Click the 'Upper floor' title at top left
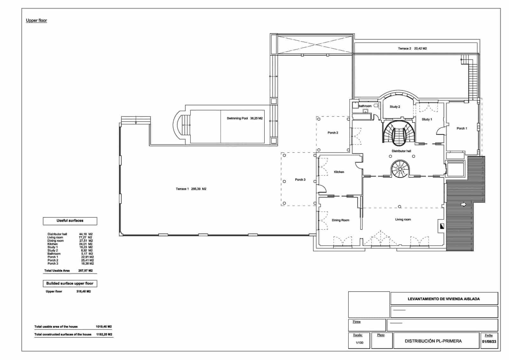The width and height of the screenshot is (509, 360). [36, 20]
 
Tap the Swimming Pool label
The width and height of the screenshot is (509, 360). [237, 118]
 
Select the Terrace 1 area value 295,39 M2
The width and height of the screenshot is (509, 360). [199, 189]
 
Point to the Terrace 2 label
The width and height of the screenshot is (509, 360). [404, 49]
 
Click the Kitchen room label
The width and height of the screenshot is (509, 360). [339, 172]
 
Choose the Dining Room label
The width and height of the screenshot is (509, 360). [340, 220]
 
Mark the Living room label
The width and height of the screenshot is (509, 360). [403, 220]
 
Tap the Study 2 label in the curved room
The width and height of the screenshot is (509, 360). [395, 107]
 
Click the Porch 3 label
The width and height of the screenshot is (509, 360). [300, 180]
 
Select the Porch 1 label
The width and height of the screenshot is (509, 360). [462, 129]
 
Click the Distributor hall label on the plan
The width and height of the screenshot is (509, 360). [401, 151]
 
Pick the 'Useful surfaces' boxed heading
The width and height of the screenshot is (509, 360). [70, 221]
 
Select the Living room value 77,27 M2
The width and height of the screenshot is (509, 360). [86, 237]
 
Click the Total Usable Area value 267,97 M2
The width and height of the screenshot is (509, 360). [85, 271]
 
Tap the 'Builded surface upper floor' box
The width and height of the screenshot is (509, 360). [70, 284]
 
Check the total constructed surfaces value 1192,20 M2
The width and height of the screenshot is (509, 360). [104, 335]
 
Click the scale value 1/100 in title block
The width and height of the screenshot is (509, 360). [359, 343]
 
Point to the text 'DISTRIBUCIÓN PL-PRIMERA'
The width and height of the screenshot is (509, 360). [433, 341]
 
